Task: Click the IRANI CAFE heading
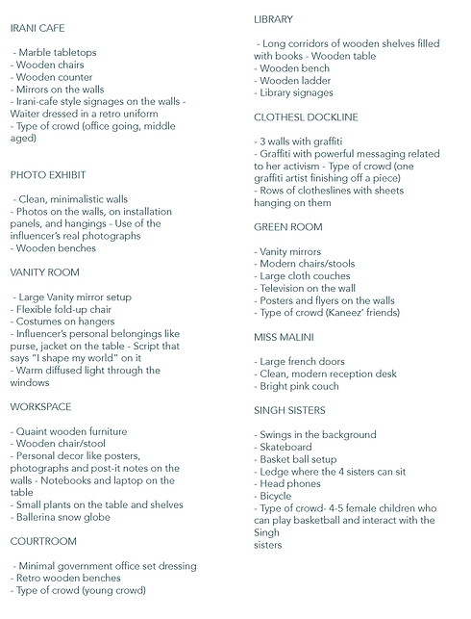pyautogui.click(x=37, y=29)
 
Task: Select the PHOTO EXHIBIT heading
pyautogui.click(x=48, y=175)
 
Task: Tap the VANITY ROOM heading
pyautogui.click(x=44, y=272)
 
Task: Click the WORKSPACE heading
pyautogui.click(x=40, y=407)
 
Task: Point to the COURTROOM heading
pyautogui.click(x=43, y=541)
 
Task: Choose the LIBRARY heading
pyautogui.click(x=274, y=19)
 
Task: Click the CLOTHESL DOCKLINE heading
pyautogui.click(x=306, y=117)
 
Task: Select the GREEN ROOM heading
pyautogui.click(x=288, y=227)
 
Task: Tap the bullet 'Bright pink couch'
pyautogui.click(x=299, y=386)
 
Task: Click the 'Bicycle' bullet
pyautogui.click(x=280, y=496)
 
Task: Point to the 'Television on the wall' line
pyautogui.click(x=308, y=288)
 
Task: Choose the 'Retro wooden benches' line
pyautogui.click(x=68, y=578)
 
